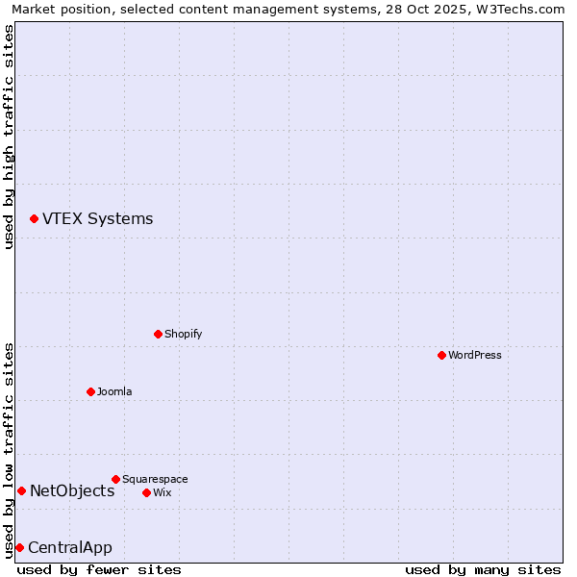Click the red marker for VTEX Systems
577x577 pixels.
(x=34, y=219)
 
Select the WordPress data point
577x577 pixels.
(x=441, y=356)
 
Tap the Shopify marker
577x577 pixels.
(x=158, y=335)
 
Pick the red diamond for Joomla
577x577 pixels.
(x=90, y=391)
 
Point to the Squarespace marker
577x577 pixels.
(x=115, y=479)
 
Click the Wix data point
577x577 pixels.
(x=146, y=492)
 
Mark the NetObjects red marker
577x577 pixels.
(x=21, y=491)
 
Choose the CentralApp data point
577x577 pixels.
(x=19, y=548)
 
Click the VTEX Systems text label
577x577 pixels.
(x=97, y=219)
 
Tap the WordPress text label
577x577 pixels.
(x=475, y=356)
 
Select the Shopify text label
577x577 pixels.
(x=183, y=335)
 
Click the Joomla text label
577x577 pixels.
(x=114, y=392)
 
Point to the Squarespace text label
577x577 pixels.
(x=155, y=479)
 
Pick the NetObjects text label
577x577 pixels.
(x=72, y=491)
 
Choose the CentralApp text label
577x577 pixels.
(x=70, y=548)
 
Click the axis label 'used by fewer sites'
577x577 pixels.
(x=99, y=570)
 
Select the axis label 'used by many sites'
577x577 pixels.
(x=483, y=570)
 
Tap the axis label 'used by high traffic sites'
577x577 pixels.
(x=9, y=137)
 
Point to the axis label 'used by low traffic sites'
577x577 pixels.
(x=9, y=450)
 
